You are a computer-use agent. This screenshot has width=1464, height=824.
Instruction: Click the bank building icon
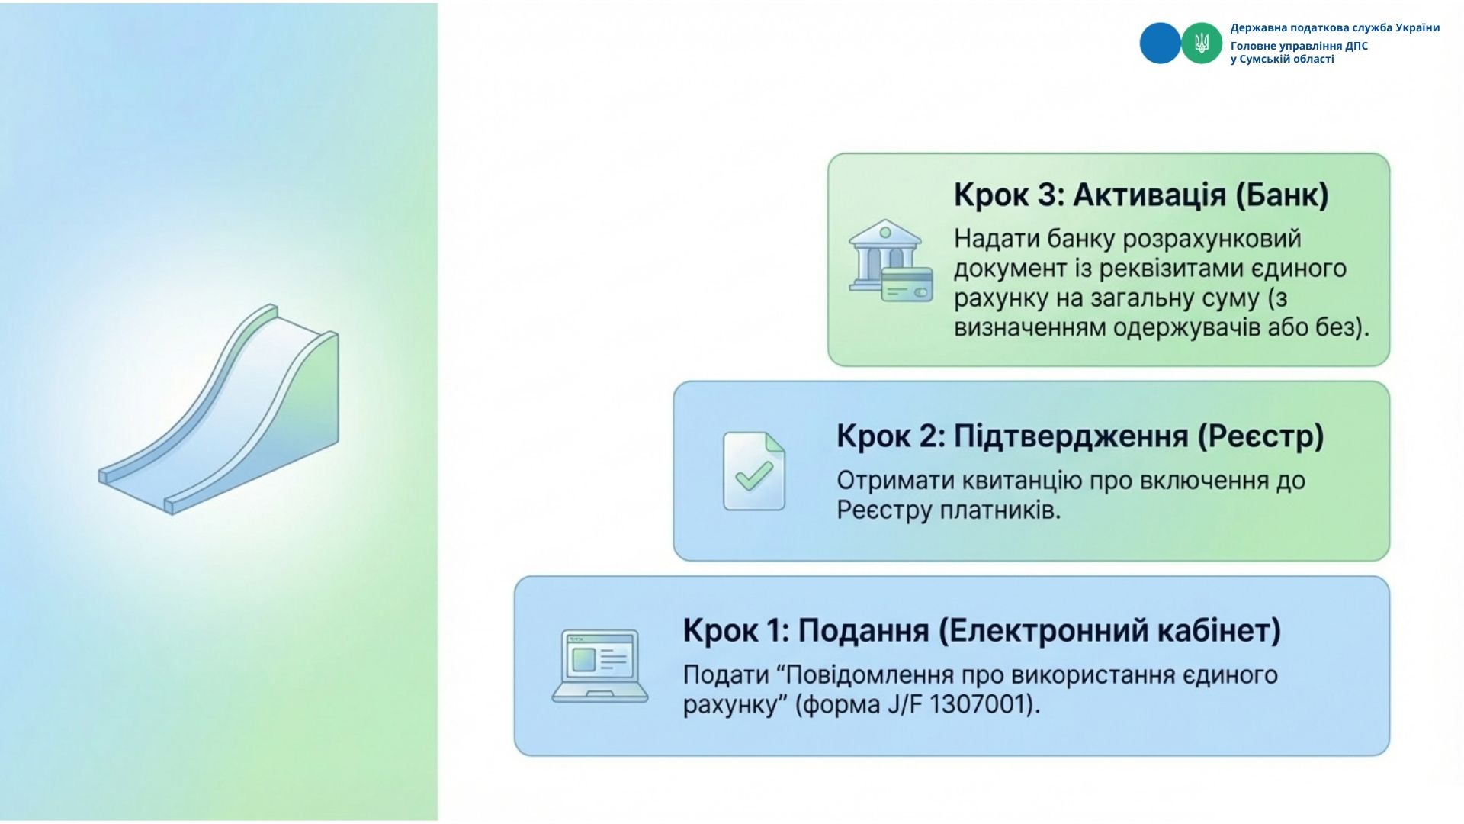pos(884,255)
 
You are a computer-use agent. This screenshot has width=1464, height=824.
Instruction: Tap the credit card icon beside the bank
pos(907,284)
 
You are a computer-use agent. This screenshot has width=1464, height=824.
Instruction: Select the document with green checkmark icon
pos(754,472)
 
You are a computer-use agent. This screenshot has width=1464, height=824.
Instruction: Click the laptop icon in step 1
pos(600,665)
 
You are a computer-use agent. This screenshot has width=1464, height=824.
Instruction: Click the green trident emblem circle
pos(1202,43)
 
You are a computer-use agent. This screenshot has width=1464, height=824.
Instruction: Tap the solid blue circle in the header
pos(1160,43)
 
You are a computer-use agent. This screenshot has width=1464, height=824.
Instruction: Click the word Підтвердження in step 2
pos(1071,436)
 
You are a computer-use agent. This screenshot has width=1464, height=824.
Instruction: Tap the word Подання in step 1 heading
pos(864,631)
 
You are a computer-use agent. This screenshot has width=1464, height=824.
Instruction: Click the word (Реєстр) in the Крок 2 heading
pos(1260,436)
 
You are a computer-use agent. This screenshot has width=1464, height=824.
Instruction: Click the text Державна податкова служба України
pos(1335,28)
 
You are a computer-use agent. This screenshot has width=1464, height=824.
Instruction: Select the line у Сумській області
pos(1283,60)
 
